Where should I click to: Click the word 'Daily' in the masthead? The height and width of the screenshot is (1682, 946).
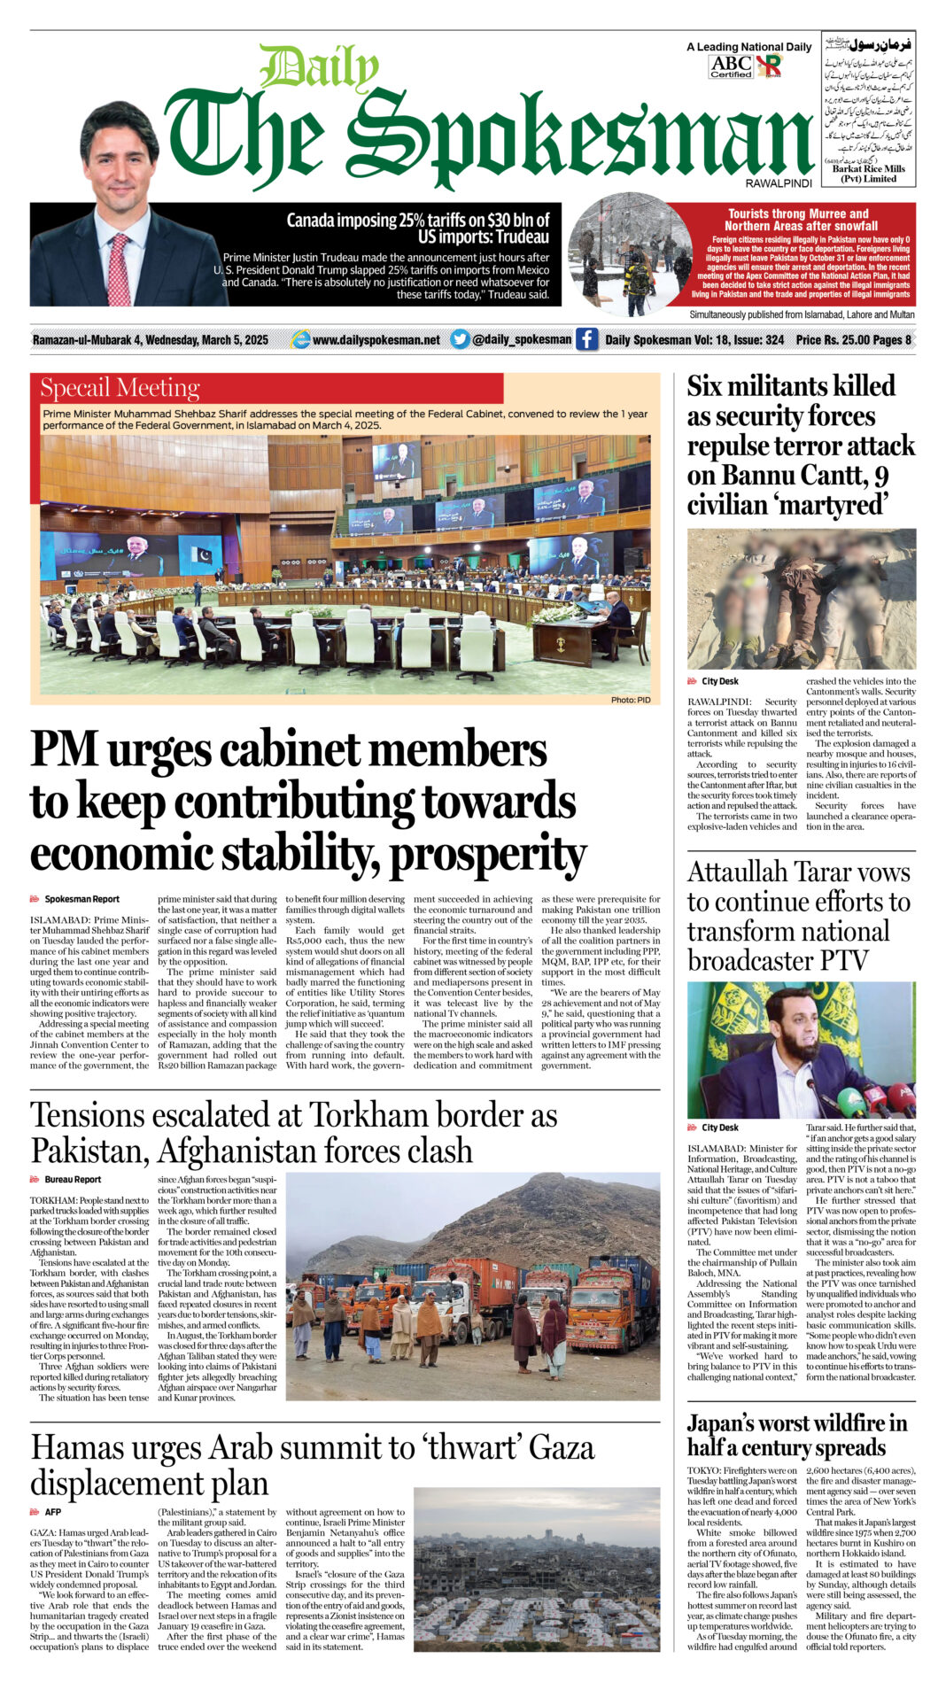(x=319, y=68)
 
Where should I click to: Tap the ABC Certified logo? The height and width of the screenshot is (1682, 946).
(x=731, y=66)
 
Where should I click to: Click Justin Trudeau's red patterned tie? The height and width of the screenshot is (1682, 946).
(x=119, y=269)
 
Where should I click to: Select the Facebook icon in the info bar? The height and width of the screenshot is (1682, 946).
(x=586, y=339)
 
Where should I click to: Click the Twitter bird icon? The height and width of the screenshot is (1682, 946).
(x=459, y=339)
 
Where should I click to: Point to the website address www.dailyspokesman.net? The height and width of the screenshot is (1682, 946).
(x=376, y=340)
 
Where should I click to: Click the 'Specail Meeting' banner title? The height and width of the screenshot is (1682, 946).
(x=120, y=388)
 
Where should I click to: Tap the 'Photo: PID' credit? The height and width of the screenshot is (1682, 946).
(x=630, y=700)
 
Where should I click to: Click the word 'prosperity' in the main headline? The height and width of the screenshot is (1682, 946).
(x=488, y=854)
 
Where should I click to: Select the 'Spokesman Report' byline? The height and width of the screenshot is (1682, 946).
(x=81, y=899)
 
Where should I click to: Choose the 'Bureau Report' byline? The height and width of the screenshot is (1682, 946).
(x=73, y=1180)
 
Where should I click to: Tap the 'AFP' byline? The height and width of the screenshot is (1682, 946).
(x=52, y=1512)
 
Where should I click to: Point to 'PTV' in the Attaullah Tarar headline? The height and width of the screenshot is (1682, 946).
(x=834, y=960)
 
